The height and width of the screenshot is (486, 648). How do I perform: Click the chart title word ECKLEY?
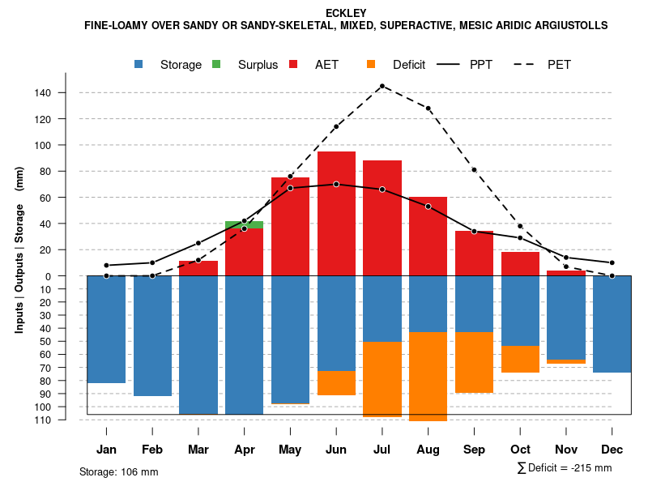click(x=346, y=13)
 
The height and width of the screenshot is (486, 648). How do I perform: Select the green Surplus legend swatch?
click(x=216, y=64)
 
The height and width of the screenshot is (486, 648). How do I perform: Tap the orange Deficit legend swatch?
click(x=371, y=64)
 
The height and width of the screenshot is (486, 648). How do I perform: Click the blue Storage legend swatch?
click(x=139, y=64)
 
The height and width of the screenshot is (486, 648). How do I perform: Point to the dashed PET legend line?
click(x=528, y=64)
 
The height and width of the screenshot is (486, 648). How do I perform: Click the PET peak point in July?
click(x=382, y=85)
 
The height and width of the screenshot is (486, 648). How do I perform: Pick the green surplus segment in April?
click(x=244, y=224)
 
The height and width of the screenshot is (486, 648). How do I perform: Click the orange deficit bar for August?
click(x=428, y=376)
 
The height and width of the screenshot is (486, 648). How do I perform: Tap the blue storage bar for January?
click(x=106, y=329)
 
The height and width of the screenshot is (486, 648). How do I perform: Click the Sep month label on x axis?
click(x=474, y=450)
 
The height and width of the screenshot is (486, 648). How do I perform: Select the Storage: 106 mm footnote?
click(x=118, y=471)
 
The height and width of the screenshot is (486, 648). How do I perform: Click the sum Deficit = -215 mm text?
click(x=565, y=468)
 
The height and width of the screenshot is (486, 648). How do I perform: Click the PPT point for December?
click(x=612, y=262)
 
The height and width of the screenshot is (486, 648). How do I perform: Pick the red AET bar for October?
click(x=520, y=264)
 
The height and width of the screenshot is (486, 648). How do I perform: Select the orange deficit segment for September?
click(x=474, y=362)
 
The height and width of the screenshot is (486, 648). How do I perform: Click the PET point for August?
click(x=428, y=108)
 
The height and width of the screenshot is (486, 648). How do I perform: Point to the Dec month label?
click(x=612, y=450)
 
